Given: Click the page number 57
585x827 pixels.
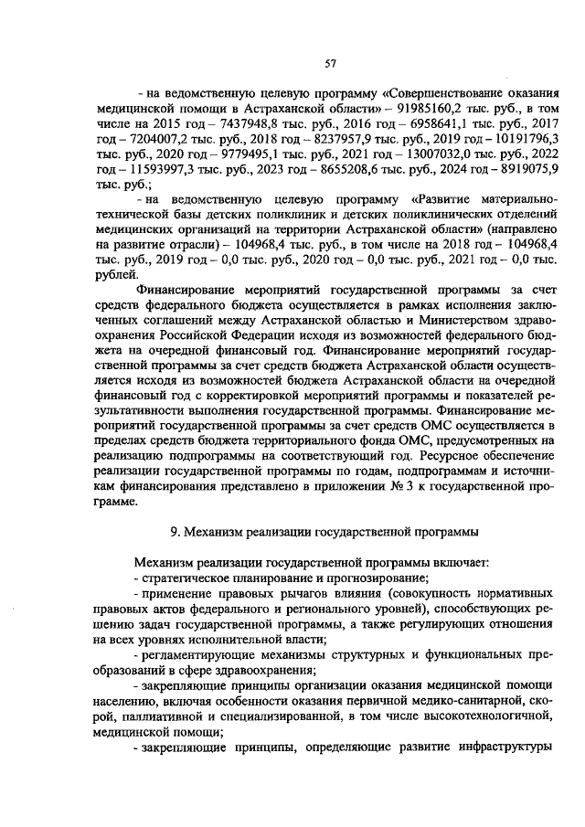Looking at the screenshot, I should (331, 62).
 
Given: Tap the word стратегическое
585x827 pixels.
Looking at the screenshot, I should (188, 578).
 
